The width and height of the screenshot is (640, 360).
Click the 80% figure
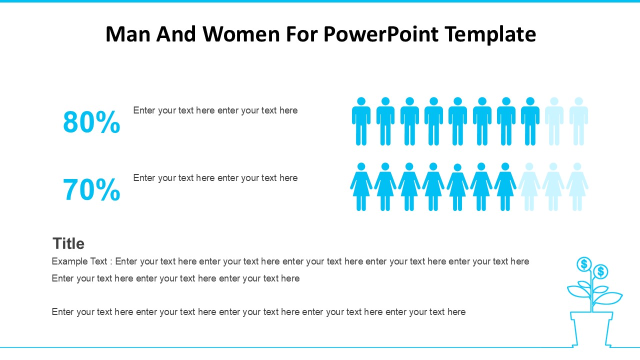pyautogui.click(x=91, y=122)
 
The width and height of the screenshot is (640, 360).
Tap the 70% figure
pyautogui.click(x=91, y=189)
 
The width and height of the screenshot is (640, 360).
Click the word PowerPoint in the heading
pyautogui.click(x=381, y=34)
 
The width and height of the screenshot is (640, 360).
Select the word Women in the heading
pyautogui.click(x=241, y=34)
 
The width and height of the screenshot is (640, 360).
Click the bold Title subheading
pyautogui.click(x=68, y=243)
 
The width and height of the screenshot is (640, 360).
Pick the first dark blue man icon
pyautogui.click(x=361, y=121)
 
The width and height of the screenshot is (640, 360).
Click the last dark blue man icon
pyautogui.click(x=530, y=121)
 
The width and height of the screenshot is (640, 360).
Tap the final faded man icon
pyautogui.click(x=578, y=121)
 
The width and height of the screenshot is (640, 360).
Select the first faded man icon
pyautogui.click(x=554, y=121)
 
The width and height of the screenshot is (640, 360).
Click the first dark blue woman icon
pyautogui.click(x=361, y=187)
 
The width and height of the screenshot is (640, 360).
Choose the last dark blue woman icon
pyautogui.click(x=505, y=187)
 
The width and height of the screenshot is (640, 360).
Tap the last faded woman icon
pyautogui.click(x=577, y=187)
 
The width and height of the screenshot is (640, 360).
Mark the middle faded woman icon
pyautogui.click(x=553, y=187)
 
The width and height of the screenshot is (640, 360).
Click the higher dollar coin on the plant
pyautogui.click(x=584, y=264)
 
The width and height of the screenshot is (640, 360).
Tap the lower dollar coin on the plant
pyautogui.click(x=600, y=271)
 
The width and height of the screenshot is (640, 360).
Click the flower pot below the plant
pyautogui.click(x=591, y=329)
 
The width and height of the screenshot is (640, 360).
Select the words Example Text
pyautogui.click(x=79, y=261)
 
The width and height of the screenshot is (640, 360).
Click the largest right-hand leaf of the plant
pyautogui.click(x=608, y=298)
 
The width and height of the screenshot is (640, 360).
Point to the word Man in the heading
pyautogui.click(x=128, y=34)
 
